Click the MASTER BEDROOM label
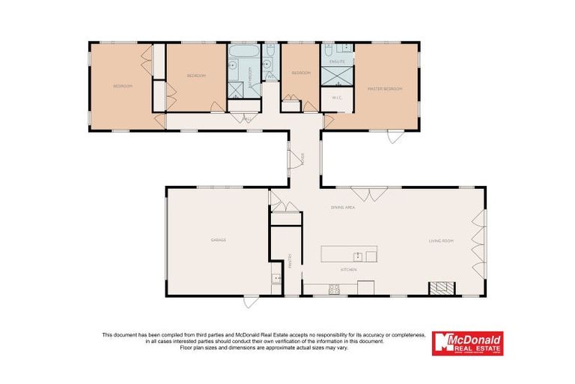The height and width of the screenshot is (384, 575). (x=385, y=88)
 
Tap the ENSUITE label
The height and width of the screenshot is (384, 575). (x=338, y=61)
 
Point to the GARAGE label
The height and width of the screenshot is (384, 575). (x=218, y=240)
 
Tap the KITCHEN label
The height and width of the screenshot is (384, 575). (x=349, y=269)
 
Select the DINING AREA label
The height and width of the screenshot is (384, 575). (x=343, y=207)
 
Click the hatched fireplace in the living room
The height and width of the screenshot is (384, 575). (x=439, y=288)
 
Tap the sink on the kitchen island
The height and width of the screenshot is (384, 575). (x=358, y=253)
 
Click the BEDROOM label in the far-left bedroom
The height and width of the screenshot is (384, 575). (x=123, y=86)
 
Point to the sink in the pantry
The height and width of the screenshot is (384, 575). (x=276, y=280)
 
